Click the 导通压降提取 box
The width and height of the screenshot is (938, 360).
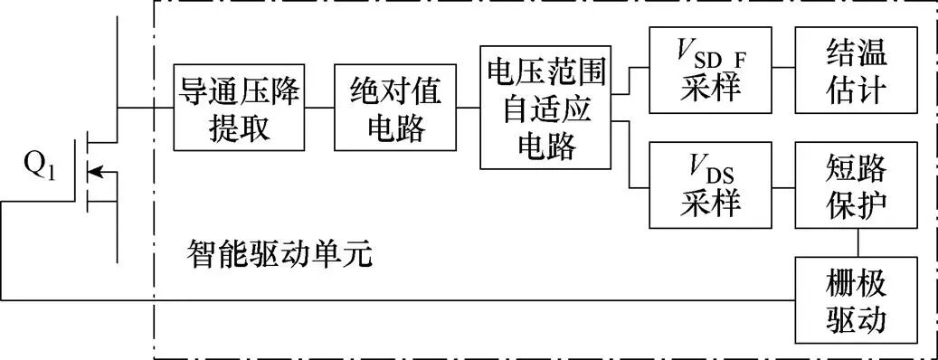click(x=240, y=109)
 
